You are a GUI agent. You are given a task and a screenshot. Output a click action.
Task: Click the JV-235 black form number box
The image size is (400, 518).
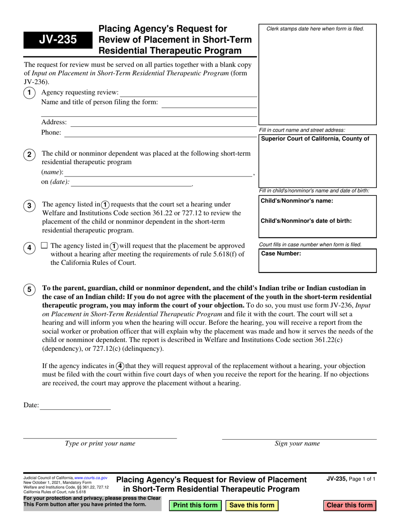58,40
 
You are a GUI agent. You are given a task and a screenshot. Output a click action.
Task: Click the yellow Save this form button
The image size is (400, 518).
252,505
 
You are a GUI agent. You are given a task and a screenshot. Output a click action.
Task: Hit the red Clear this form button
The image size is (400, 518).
349,505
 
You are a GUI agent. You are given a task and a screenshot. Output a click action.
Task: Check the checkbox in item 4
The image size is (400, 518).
45,245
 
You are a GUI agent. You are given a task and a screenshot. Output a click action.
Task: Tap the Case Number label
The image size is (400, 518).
281,254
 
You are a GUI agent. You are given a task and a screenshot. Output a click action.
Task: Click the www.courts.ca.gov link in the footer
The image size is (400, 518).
91,478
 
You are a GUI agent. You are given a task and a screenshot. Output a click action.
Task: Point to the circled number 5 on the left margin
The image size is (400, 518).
29,289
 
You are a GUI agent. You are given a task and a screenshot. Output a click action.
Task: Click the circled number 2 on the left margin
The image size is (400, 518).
29,155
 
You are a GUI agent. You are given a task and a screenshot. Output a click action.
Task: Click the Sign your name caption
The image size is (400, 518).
297,443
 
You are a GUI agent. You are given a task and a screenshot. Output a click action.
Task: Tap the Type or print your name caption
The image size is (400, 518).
100,443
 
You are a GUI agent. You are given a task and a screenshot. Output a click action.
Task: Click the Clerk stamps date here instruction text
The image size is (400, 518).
315,29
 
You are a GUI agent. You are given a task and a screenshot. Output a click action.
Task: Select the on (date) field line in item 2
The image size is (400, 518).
131,183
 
